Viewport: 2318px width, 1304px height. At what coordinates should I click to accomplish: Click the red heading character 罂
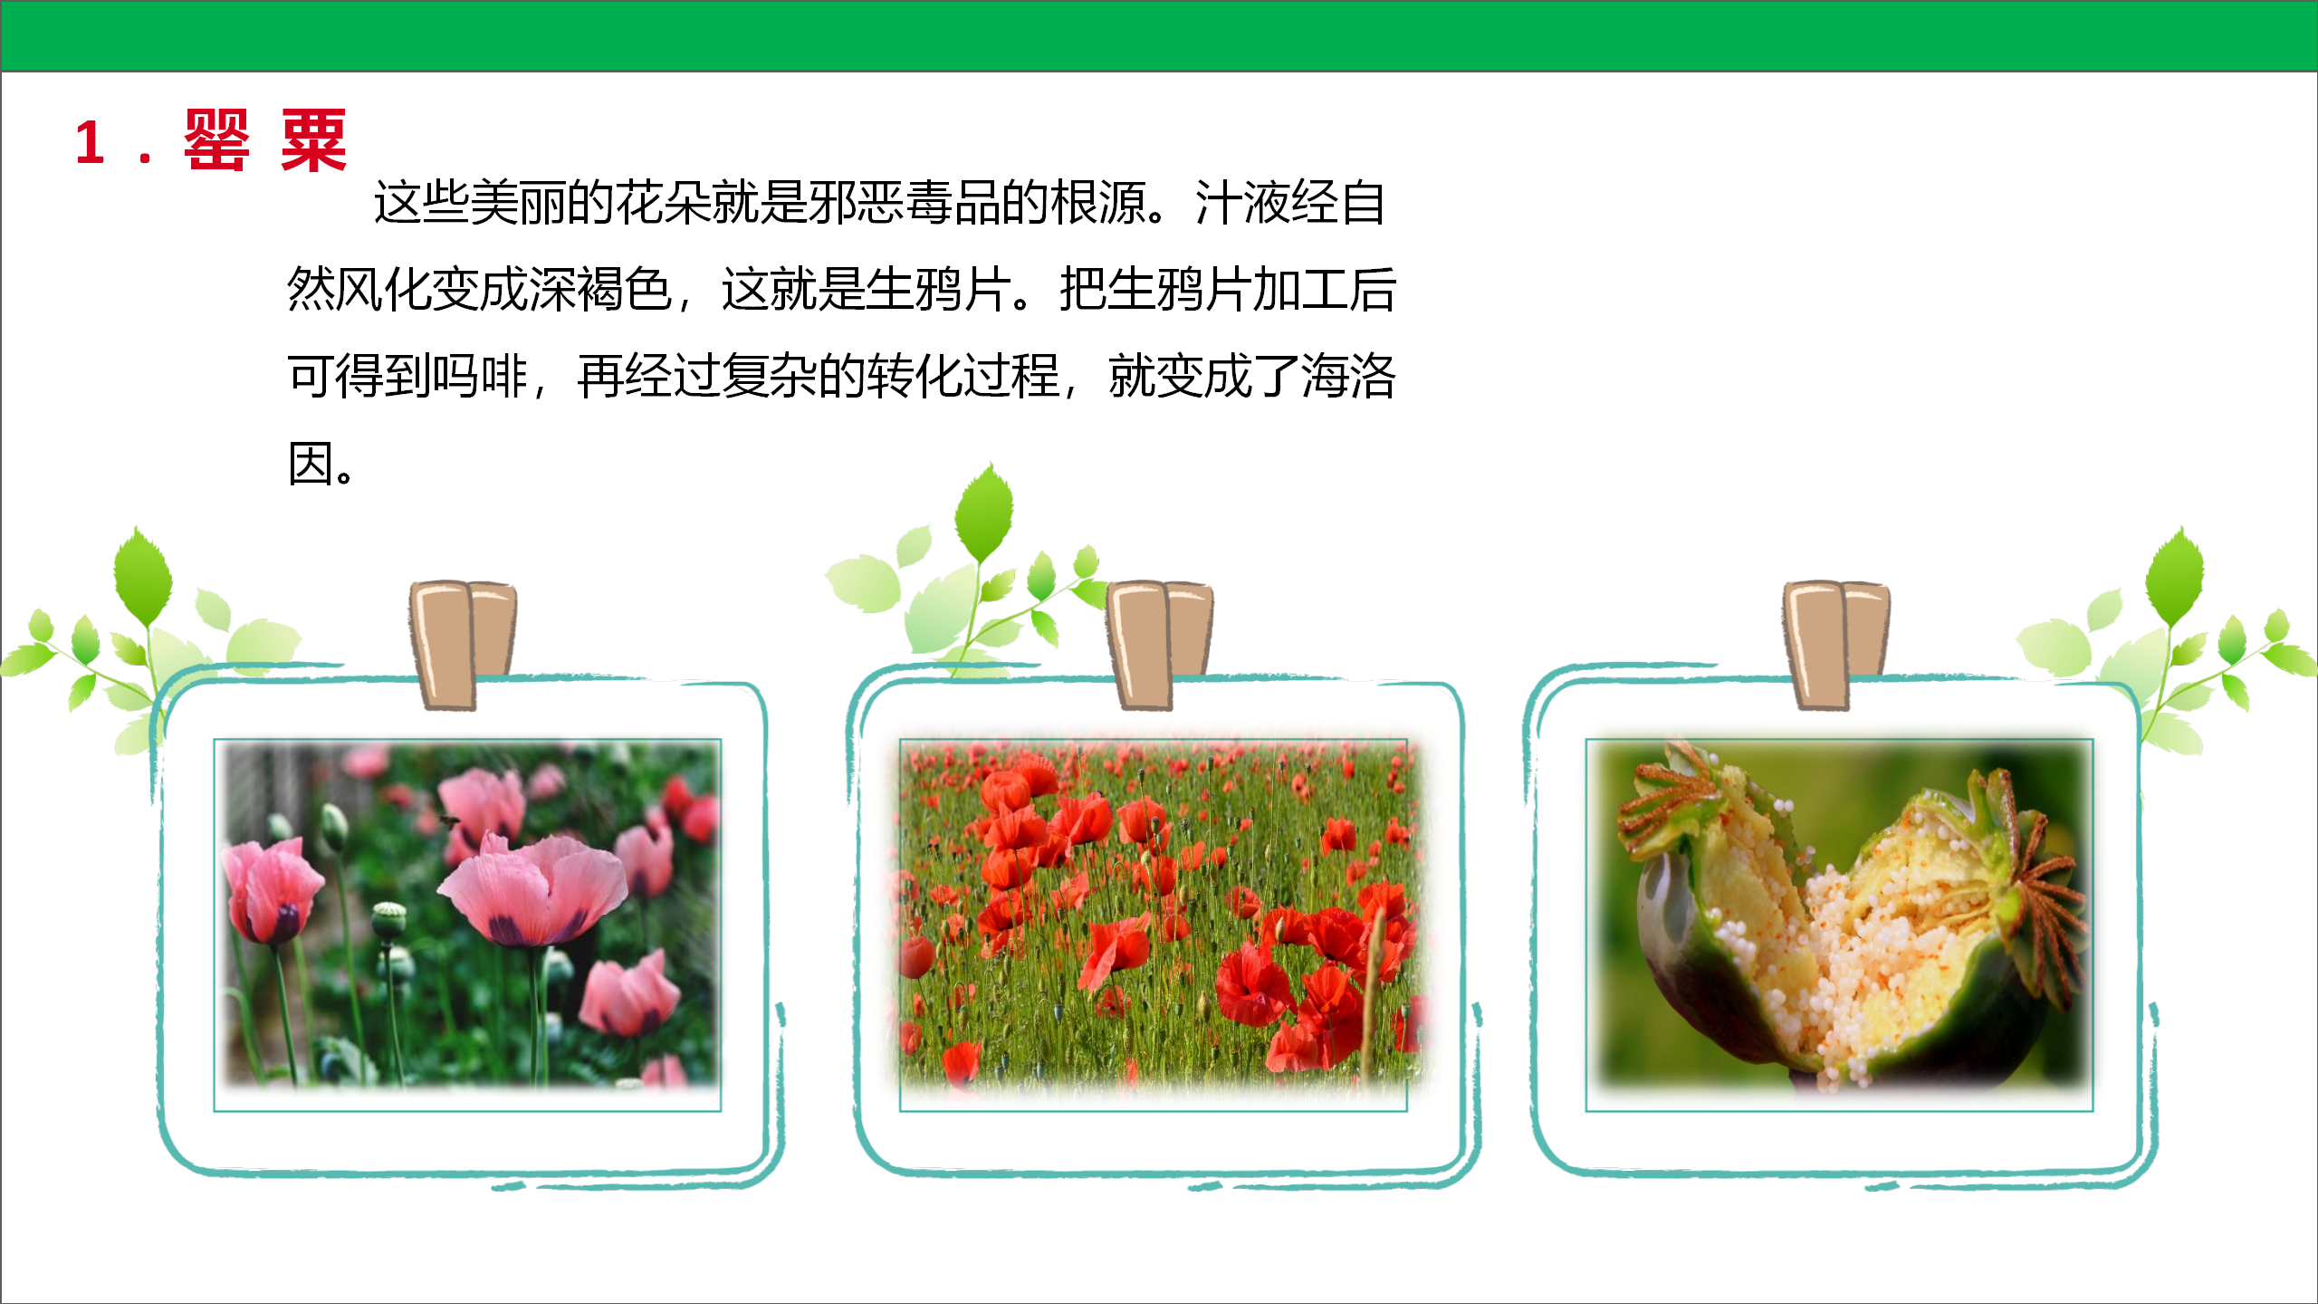[x=216, y=140]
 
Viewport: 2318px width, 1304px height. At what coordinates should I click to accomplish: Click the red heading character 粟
[x=313, y=140]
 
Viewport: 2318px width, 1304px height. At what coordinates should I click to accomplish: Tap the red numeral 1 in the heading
[x=90, y=143]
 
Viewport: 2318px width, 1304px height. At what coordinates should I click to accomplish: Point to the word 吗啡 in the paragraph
[x=480, y=377]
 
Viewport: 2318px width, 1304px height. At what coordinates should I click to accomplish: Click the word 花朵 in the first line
[x=664, y=202]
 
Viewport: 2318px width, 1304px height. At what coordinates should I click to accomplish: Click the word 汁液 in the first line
[x=1243, y=202]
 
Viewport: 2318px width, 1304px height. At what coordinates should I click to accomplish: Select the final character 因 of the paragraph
[x=311, y=464]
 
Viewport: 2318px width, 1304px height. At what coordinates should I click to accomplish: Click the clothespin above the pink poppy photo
[x=463, y=645]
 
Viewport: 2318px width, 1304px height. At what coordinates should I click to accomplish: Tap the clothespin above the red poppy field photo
[x=1159, y=645]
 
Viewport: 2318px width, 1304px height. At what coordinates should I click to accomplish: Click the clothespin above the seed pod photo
[x=1837, y=645]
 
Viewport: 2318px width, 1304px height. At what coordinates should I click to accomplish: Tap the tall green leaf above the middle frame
[x=985, y=512]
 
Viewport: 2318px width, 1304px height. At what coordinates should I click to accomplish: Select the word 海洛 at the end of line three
[x=1349, y=377]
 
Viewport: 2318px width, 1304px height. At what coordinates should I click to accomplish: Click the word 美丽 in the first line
[x=519, y=202]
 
